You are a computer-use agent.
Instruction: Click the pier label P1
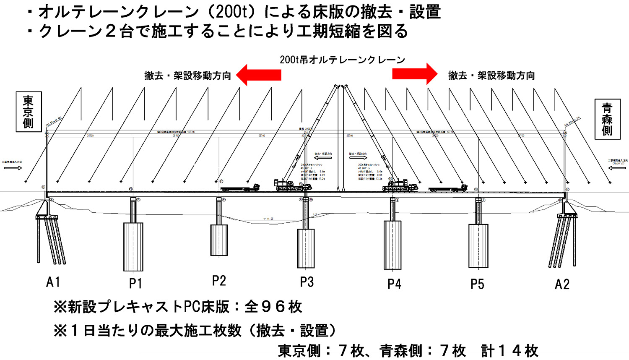point(135,284)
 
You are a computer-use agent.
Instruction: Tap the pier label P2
point(219,281)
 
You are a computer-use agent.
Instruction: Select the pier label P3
point(307,282)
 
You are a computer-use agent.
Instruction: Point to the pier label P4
point(394,284)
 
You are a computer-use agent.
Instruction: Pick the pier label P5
point(477,284)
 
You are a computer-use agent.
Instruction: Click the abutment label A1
point(53,282)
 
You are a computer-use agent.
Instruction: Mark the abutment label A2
point(562,284)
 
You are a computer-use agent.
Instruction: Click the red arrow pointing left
point(258,75)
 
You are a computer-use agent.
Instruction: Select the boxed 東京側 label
point(29,112)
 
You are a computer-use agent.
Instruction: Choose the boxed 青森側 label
point(607,119)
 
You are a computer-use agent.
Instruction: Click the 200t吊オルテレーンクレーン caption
point(342,60)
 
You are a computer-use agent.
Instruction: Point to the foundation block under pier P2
point(219,240)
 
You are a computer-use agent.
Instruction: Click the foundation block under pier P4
point(392,245)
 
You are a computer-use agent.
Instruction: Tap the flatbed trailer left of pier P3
point(240,189)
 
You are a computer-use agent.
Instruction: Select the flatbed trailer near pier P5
point(447,189)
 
